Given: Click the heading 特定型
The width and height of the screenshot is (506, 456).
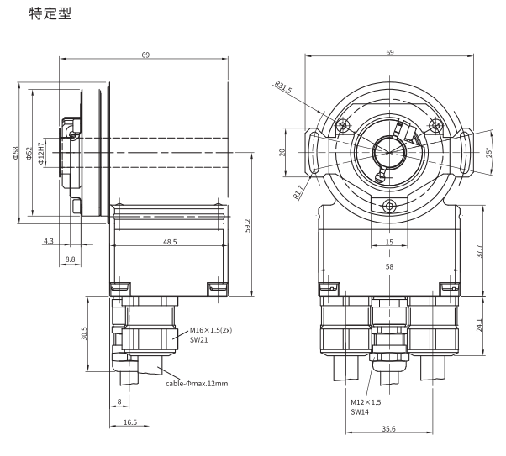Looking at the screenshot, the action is (x=50, y=13).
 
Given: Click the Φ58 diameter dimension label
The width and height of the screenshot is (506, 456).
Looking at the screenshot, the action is (x=16, y=153).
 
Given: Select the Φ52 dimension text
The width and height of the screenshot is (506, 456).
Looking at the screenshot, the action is (x=29, y=154).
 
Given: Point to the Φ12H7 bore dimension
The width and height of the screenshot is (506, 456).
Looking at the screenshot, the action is (x=41, y=154).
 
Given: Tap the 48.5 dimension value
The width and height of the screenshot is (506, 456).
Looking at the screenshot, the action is (x=170, y=242).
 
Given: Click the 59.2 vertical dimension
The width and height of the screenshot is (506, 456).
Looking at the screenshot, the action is (x=247, y=226).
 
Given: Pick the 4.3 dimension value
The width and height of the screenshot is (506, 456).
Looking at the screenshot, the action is (x=49, y=241).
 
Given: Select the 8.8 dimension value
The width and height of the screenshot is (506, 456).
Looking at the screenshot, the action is (x=70, y=259).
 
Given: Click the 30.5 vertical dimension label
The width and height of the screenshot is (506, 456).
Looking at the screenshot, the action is (x=84, y=333).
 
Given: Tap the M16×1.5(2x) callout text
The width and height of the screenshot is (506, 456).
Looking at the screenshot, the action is (x=211, y=330).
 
